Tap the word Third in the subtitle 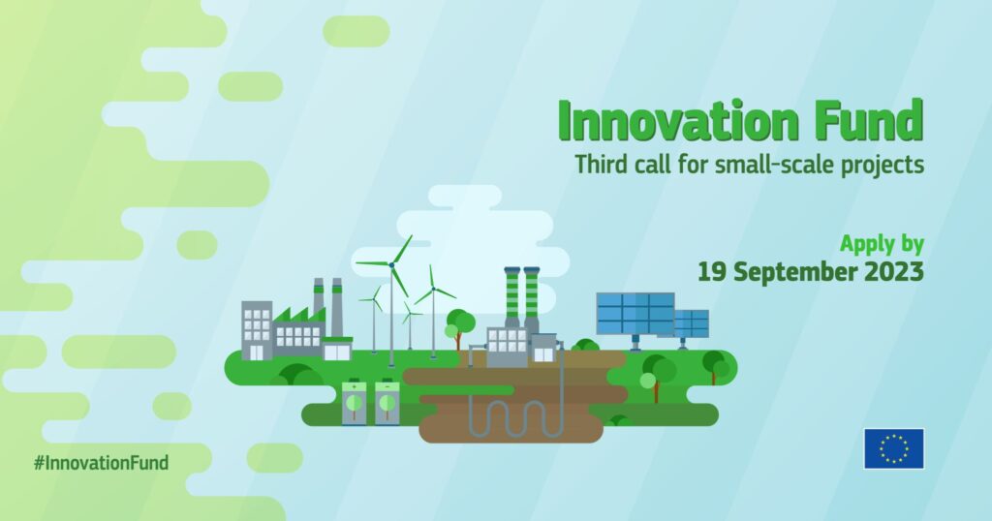(600, 165)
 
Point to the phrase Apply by (882, 244)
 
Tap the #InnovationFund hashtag (101, 463)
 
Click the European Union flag (894, 449)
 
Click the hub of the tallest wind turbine (391, 264)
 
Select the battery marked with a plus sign (355, 402)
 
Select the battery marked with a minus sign (387, 402)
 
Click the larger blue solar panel (635, 314)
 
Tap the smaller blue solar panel (692, 323)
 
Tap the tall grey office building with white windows (257, 330)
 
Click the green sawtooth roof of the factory (299, 315)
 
